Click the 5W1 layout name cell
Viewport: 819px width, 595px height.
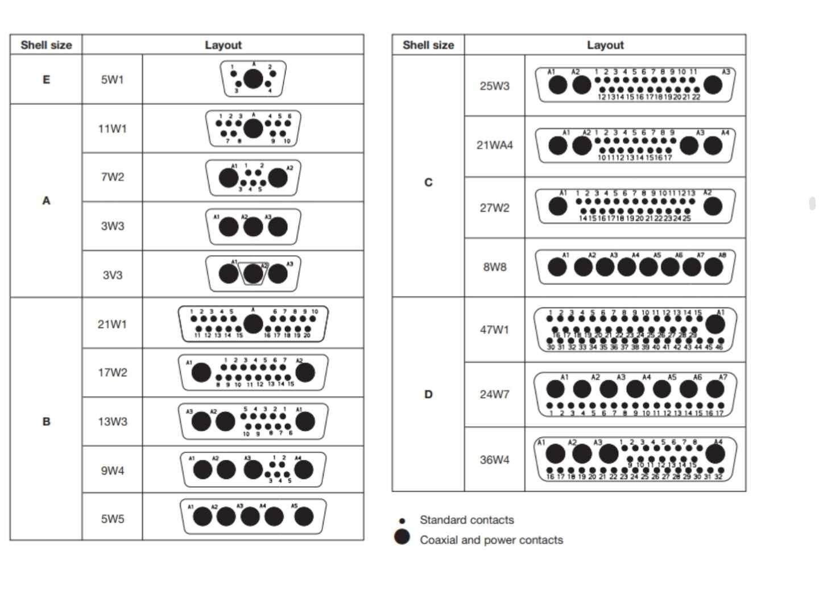coord(112,80)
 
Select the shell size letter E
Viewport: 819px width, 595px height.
coord(46,80)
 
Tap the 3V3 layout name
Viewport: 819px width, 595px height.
coord(112,275)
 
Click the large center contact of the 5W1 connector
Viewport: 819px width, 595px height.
coord(253,79)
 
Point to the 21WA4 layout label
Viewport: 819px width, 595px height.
coord(494,145)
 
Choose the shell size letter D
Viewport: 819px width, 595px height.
coord(428,394)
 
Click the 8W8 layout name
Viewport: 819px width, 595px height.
coord(494,267)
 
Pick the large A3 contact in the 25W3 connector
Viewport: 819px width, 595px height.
coord(713,85)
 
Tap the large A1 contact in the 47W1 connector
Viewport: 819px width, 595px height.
coord(715,324)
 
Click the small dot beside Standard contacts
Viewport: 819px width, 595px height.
coord(402,521)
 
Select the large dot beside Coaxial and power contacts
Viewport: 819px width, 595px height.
coord(402,537)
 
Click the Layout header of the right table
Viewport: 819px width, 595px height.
coord(605,45)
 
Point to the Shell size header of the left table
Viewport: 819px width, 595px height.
coord(46,45)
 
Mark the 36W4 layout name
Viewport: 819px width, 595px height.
coord(494,460)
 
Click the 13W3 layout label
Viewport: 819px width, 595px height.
coord(112,422)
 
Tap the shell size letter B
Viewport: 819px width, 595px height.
coord(46,422)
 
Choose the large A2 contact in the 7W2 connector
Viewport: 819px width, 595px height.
coord(278,178)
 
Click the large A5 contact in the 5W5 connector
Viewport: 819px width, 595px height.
coord(304,517)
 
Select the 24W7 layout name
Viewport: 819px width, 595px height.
coord(494,394)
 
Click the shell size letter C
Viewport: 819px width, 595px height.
coord(428,182)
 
